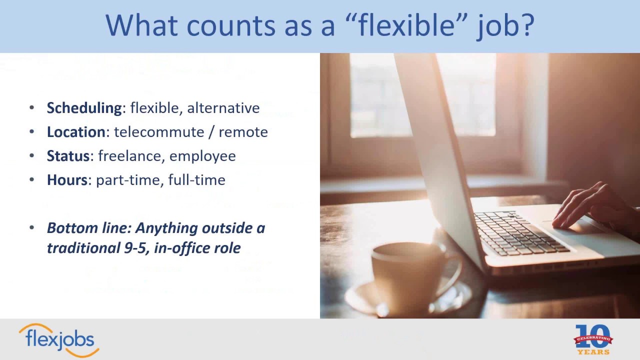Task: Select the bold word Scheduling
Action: tap(84, 108)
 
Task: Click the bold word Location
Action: tap(76, 132)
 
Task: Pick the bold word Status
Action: tap(68, 156)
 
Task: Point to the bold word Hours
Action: tap(67, 180)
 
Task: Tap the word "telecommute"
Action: tap(159, 132)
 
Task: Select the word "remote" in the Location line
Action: tap(243, 132)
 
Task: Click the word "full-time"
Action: tap(196, 180)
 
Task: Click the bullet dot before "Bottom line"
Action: tap(32, 227)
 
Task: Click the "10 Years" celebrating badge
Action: tap(593, 339)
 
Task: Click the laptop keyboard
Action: tap(520, 232)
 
